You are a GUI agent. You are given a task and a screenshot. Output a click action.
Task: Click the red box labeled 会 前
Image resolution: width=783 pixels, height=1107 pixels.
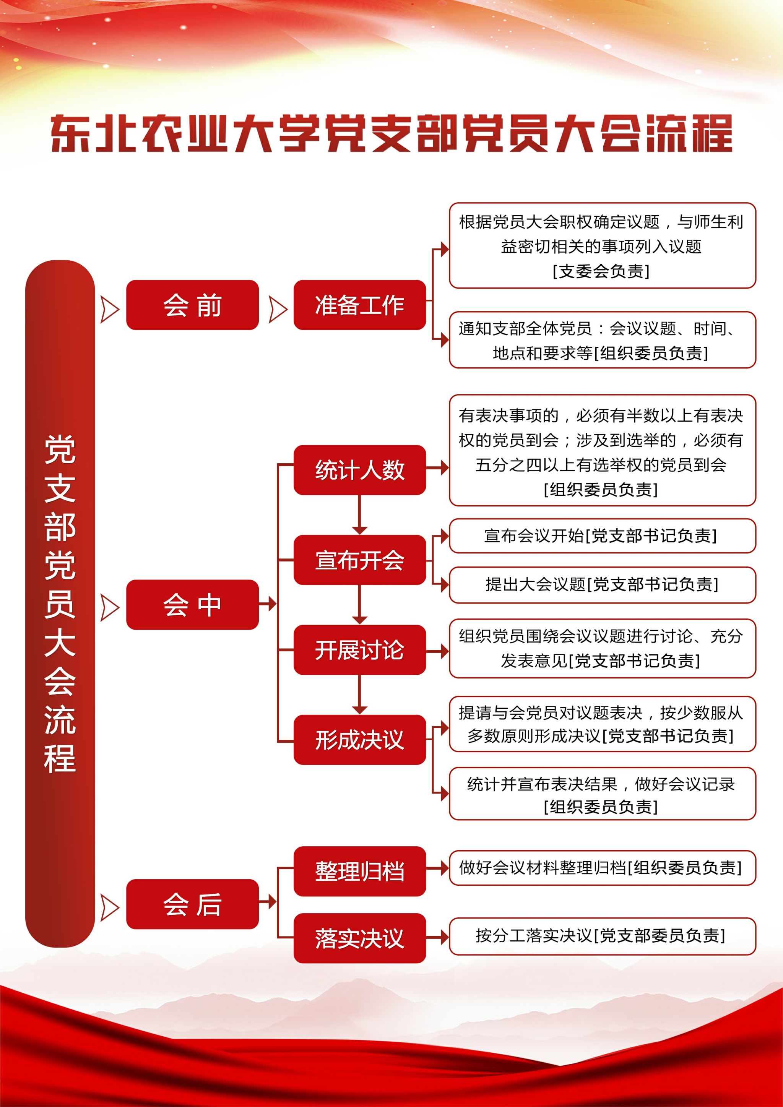tap(192, 305)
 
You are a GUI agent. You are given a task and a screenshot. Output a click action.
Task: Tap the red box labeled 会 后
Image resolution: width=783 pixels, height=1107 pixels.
tap(192, 904)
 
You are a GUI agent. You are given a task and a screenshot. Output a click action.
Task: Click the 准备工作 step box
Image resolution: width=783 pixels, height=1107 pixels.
tap(360, 305)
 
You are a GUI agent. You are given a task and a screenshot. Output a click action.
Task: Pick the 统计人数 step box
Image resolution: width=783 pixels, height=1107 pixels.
tap(360, 470)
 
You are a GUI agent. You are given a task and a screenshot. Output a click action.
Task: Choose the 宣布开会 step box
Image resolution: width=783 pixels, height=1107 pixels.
tap(360, 560)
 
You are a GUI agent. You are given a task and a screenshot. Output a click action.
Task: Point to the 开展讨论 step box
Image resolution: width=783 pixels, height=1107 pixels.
tap(360, 649)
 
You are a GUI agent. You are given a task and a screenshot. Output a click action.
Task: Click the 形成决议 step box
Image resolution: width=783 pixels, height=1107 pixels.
tap(360, 740)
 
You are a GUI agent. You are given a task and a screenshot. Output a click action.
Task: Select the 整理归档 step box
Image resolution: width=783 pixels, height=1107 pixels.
tap(360, 871)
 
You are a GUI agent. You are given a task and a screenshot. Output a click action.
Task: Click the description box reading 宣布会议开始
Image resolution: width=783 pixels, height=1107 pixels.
tap(602, 536)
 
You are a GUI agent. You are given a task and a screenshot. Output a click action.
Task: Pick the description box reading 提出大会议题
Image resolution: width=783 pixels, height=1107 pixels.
tap(602, 584)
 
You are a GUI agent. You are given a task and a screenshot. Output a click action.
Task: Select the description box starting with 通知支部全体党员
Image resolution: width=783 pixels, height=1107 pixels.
tap(602, 340)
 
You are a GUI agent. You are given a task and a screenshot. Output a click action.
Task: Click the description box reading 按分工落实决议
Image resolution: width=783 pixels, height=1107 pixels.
tap(602, 936)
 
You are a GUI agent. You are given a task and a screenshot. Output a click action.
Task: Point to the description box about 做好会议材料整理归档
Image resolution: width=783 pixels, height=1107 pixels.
tap(602, 868)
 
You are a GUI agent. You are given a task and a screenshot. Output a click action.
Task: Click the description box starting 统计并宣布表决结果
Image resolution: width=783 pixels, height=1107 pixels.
tap(602, 794)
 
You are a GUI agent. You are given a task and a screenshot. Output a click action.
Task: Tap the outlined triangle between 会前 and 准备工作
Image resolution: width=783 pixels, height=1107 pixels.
tap(278, 309)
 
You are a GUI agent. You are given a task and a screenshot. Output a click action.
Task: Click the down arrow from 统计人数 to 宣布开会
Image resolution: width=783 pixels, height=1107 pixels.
tap(360, 515)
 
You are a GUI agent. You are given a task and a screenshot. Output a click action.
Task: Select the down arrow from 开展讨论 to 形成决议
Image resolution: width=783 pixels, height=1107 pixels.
tap(360, 695)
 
